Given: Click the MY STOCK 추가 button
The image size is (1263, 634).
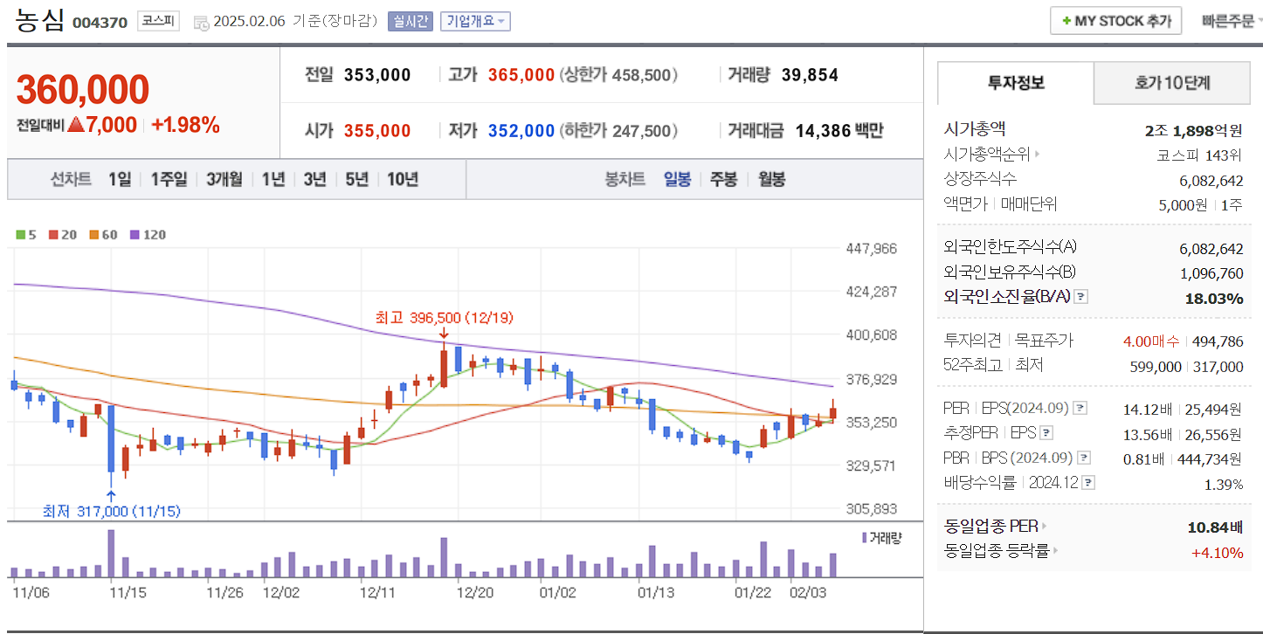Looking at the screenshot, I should pyautogui.click(x=1115, y=21).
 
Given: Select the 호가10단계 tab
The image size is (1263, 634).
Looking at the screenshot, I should pyautogui.click(x=1172, y=83).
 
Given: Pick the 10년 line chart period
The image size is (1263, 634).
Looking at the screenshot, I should pyautogui.click(x=402, y=179).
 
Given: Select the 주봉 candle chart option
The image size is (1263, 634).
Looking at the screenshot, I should pyautogui.click(x=723, y=179).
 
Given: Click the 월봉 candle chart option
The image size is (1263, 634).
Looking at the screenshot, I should pyautogui.click(x=771, y=179).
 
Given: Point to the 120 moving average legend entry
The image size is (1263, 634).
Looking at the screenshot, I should pyautogui.click(x=148, y=234).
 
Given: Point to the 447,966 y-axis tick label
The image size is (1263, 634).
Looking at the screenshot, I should pyautogui.click(x=871, y=249).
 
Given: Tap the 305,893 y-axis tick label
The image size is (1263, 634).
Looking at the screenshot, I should pyautogui.click(x=871, y=508).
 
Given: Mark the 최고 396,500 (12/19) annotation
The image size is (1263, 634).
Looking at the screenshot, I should pyautogui.click(x=438, y=317).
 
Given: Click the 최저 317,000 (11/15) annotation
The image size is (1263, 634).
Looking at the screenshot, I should pyautogui.click(x=112, y=511).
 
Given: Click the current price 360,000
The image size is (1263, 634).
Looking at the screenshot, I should pyautogui.click(x=83, y=90).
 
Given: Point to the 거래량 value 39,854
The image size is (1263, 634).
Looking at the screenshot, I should pyautogui.click(x=810, y=75).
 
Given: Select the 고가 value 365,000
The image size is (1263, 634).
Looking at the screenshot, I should pyautogui.click(x=521, y=75).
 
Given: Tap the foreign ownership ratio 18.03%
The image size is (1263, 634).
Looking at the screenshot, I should pyautogui.click(x=1213, y=298).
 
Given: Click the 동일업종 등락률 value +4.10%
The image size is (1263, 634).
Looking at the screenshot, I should pyautogui.click(x=1217, y=552).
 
